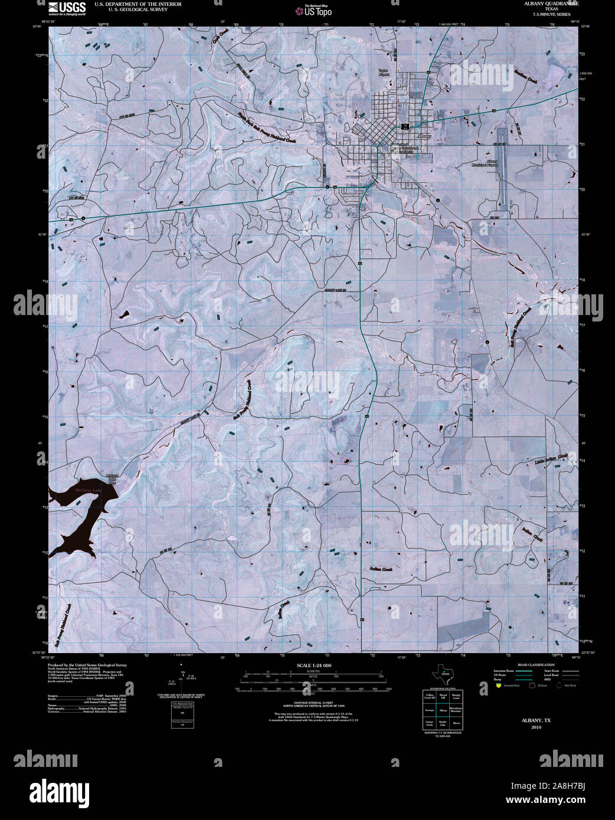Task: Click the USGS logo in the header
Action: click(x=67, y=8)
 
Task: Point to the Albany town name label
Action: click(x=424, y=136)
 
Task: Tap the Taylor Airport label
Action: click(x=385, y=73)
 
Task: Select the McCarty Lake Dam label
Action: click(x=112, y=479)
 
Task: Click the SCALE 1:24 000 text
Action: click(x=313, y=665)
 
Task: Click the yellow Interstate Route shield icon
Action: click(x=498, y=686)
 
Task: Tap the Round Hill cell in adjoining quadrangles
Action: click(x=443, y=696)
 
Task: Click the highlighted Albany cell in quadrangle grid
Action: click(x=443, y=710)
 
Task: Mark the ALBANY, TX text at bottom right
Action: click(x=535, y=720)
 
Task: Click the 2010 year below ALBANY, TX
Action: click(x=535, y=727)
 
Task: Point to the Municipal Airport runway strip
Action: click(x=503, y=142)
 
